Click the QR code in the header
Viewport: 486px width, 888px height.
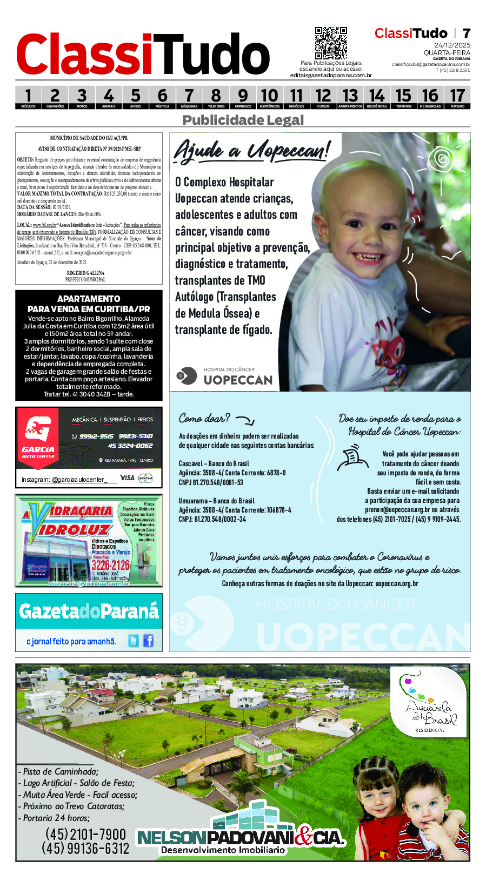330,43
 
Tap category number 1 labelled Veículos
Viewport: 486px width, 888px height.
28,97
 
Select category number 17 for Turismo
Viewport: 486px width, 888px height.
457,97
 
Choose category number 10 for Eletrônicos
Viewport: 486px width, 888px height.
269,97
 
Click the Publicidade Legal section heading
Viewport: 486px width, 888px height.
243,120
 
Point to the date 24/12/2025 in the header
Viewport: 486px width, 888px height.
452,45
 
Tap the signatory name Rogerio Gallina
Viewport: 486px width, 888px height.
85,273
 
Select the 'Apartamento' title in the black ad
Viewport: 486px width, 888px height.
89,299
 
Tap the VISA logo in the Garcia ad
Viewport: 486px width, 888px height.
127,478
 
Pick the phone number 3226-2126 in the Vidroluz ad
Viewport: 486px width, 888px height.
110,565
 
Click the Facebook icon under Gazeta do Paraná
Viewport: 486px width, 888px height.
148,641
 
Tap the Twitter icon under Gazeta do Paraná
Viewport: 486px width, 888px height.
133,641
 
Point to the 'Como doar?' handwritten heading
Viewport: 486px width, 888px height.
204,418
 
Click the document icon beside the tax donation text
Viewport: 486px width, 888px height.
352,457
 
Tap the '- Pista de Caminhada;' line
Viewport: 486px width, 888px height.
58,771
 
